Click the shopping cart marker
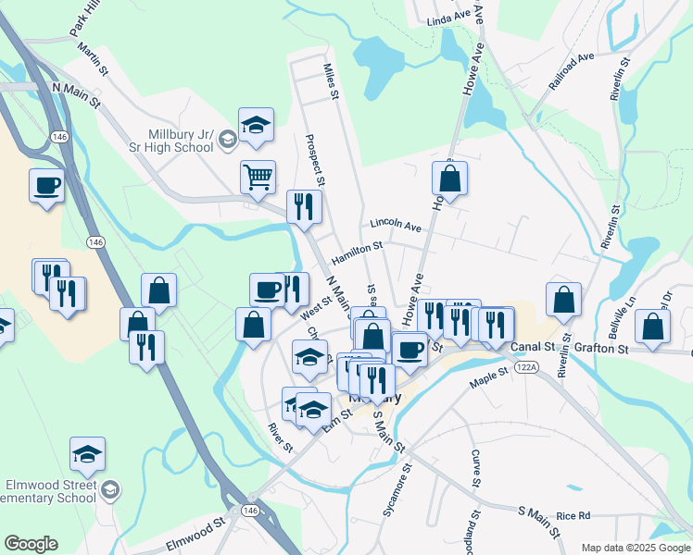pos(258,176)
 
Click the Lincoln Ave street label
pos(396,225)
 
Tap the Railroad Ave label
pos(571,70)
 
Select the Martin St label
pos(94,58)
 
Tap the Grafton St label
pos(601,349)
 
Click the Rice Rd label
pos(573,515)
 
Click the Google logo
pos(31,544)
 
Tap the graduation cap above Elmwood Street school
pos(87,453)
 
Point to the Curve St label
pos(475,469)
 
